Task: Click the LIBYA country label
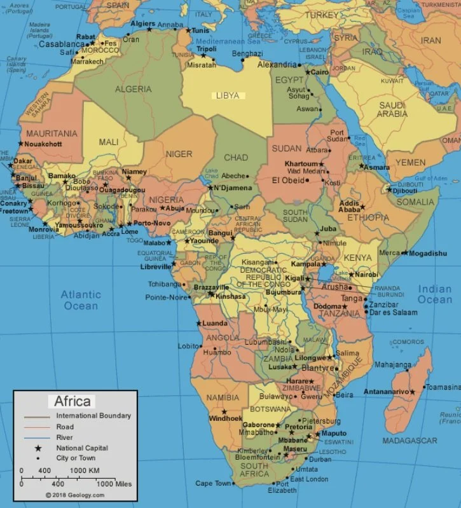pyautogui.click(x=228, y=95)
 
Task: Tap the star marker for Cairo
pyautogui.click(x=307, y=72)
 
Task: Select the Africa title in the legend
pyautogui.click(x=72, y=401)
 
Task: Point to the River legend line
pyautogui.click(x=38, y=437)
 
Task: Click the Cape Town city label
pyautogui.click(x=213, y=483)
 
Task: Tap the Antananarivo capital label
pyautogui.click(x=386, y=392)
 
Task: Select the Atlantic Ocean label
pyautogui.click(x=81, y=300)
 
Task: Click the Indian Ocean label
pyautogui.click(x=435, y=294)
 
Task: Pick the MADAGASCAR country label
pyautogui.click(x=409, y=441)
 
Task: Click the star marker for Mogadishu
pyautogui.click(x=404, y=253)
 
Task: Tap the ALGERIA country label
pyautogui.click(x=134, y=89)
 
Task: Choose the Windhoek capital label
pyautogui.click(x=226, y=418)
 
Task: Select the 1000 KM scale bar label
pyautogui.click(x=84, y=470)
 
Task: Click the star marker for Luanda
pyautogui.click(x=198, y=324)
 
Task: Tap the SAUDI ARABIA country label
pyautogui.click(x=392, y=109)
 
